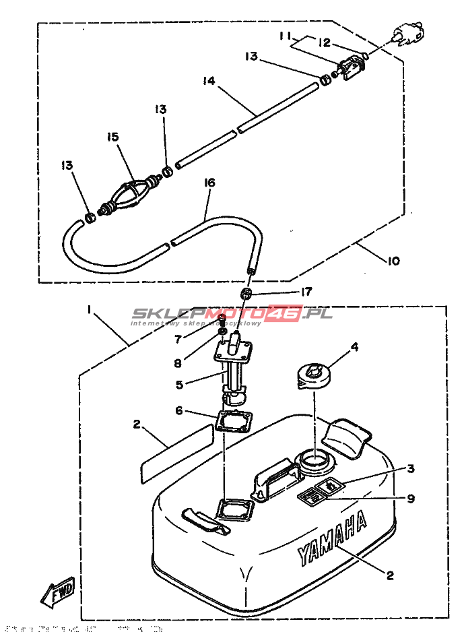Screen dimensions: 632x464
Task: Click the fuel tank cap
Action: [314, 375]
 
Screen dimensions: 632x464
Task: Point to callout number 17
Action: [306, 292]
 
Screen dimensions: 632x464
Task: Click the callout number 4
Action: [354, 348]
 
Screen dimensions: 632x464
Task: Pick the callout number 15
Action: [112, 137]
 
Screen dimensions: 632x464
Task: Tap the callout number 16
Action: [209, 183]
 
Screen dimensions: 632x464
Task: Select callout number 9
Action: [411, 499]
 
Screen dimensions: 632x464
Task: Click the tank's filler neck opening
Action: [314, 461]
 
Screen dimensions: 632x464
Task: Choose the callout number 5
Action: [178, 385]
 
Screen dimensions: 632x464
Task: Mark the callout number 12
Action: [325, 42]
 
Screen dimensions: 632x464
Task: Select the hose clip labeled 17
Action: [248, 293]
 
